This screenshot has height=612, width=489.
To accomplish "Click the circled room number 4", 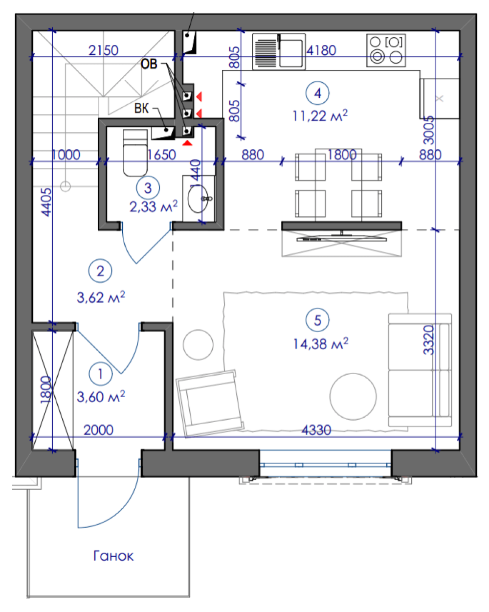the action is pyautogui.click(x=317, y=93).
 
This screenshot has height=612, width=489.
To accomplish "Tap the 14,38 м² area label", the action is pyautogui.click(x=320, y=343).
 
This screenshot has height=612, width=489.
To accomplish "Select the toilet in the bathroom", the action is pyautogui.click(x=135, y=153).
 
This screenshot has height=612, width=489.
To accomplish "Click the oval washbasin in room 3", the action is pyautogui.click(x=198, y=199).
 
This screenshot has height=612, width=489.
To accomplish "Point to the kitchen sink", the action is pyautogui.click(x=279, y=51).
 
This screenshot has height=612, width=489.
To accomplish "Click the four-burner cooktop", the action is pyautogui.click(x=386, y=50).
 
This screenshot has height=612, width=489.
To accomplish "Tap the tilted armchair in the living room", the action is pyautogui.click(x=210, y=403).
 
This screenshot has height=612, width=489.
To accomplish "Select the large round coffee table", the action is pyautogui.click(x=353, y=396).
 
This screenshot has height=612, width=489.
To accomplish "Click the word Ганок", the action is pyautogui.click(x=113, y=556).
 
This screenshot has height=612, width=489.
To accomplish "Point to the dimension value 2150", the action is pyautogui.click(x=103, y=50).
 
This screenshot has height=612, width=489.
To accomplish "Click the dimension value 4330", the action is pyautogui.click(x=316, y=430).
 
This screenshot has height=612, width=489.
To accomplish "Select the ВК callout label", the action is pyautogui.click(x=141, y=108).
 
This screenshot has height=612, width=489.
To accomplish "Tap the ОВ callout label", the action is pyautogui.click(x=149, y=64).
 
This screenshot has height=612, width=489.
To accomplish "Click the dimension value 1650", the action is pyautogui.click(x=161, y=155).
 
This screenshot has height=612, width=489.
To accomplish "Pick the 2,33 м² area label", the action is pyautogui.click(x=154, y=206).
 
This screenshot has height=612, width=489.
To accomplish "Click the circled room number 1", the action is pyautogui.click(x=101, y=374).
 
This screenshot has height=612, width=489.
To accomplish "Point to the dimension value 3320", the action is pyautogui.click(x=429, y=340).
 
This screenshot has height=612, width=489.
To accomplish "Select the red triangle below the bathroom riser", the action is pyautogui.click(x=187, y=143).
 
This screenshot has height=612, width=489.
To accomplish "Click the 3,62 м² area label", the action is pyautogui.click(x=101, y=297).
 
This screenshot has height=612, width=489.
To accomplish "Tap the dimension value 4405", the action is pyautogui.click(x=46, y=202).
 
